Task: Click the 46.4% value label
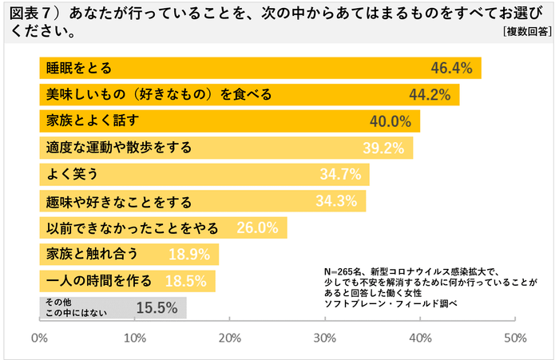[452, 68]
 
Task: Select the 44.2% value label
[431, 95]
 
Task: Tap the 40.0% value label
[391, 121]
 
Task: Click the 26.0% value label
[258, 227]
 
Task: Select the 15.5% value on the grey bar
[157, 307]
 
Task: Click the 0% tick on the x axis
[39, 337]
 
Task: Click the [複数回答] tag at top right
[527, 32]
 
